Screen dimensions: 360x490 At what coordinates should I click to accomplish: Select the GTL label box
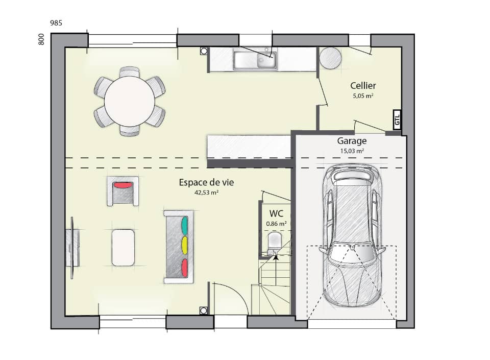(397, 120)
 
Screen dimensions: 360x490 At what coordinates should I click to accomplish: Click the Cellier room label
(363, 86)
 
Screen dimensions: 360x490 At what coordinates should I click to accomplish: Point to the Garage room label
(351, 141)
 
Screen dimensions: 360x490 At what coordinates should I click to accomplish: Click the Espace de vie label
(206, 182)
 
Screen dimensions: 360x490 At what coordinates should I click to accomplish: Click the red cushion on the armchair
(122, 185)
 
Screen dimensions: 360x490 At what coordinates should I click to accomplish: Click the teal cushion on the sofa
(184, 225)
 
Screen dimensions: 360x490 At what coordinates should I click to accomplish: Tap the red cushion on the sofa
(184, 267)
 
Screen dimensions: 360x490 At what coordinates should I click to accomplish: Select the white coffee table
(123, 248)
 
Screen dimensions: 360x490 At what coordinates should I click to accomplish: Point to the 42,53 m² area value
(206, 193)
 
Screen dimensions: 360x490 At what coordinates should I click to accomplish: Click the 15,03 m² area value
(351, 151)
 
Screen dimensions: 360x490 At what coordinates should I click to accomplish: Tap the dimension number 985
(56, 23)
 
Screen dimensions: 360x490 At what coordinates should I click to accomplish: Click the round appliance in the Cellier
(330, 58)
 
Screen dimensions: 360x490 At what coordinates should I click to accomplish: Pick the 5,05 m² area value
(363, 96)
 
